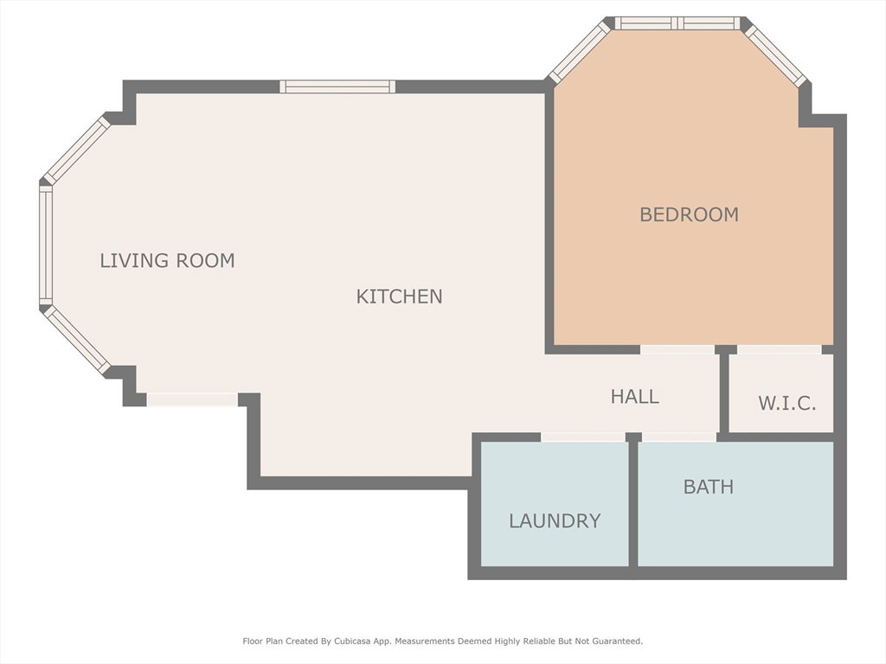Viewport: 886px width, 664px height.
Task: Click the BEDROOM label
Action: tap(689, 214)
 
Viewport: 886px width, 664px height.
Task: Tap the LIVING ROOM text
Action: tap(167, 260)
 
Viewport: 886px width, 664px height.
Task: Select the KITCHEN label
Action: tap(399, 297)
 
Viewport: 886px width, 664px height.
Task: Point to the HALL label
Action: tap(634, 396)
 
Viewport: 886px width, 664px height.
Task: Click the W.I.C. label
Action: tap(787, 403)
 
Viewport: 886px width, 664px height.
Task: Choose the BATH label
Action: tap(709, 487)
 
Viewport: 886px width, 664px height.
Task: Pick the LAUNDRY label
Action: tap(555, 520)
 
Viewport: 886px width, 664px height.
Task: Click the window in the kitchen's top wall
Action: tap(337, 86)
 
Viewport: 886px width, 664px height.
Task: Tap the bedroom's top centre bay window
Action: tap(677, 23)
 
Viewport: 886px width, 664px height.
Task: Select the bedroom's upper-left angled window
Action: tap(580, 53)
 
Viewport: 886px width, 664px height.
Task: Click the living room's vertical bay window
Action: tap(46, 245)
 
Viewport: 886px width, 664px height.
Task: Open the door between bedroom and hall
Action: tap(677, 349)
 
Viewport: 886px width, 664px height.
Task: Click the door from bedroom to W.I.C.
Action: tap(780, 349)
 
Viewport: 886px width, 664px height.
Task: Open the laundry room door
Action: tap(583, 437)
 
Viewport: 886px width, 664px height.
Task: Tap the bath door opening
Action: tap(679, 437)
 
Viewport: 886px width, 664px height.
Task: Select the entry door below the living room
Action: tap(192, 399)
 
